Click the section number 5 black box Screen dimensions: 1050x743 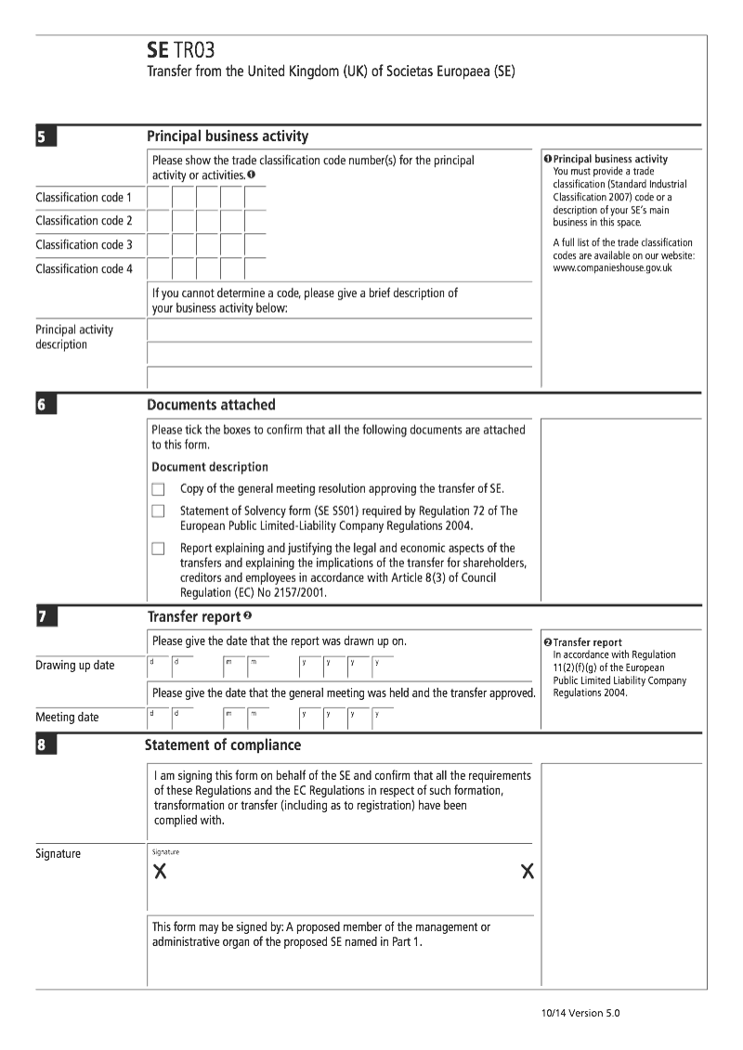click(x=46, y=137)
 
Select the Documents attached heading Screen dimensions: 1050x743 click(x=211, y=405)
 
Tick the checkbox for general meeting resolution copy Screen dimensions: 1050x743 click(x=158, y=489)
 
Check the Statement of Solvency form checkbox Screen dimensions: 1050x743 click(x=158, y=512)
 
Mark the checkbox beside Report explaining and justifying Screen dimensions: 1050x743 click(x=158, y=549)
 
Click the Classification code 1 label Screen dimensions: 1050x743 click(x=84, y=197)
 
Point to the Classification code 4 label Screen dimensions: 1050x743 click(x=84, y=268)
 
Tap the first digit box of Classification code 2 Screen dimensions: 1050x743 click(x=159, y=221)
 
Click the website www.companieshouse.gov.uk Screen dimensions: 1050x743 click(x=612, y=268)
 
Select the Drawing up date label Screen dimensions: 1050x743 click(x=75, y=665)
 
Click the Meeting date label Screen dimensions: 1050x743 click(x=67, y=717)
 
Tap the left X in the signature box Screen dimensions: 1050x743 click(x=160, y=872)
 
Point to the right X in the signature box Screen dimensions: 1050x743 click(x=528, y=872)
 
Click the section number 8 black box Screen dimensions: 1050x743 click(x=46, y=745)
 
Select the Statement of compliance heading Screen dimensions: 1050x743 click(x=223, y=745)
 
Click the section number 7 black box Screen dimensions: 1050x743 click(x=46, y=617)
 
